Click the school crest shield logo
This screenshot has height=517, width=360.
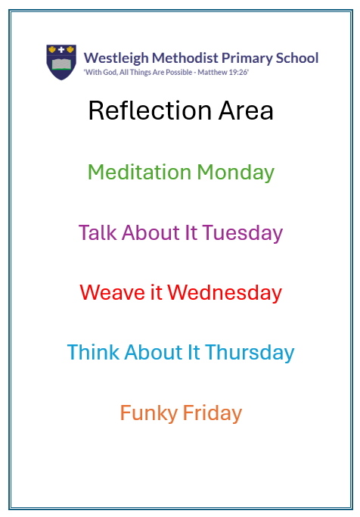tap(61, 62)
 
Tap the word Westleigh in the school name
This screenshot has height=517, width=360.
tap(116, 58)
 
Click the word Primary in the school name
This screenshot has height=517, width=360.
tap(247, 58)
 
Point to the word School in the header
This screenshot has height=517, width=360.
tap(297, 58)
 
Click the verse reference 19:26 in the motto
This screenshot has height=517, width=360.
tap(238, 72)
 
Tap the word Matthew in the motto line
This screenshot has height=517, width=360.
tap(213, 72)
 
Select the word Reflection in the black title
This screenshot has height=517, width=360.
tap(150, 111)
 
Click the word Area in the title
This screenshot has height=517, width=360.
tap(246, 111)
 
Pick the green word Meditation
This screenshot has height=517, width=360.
tap(139, 172)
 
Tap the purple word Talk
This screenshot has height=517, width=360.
tap(98, 232)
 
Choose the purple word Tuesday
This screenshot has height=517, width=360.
tap(243, 233)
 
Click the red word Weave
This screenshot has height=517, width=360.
tap(112, 292)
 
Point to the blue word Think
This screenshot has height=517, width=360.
tap(93, 352)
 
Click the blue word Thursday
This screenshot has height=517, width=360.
tap(250, 353)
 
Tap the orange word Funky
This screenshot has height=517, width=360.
tap(149, 413)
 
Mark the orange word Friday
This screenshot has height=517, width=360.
tap(213, 413)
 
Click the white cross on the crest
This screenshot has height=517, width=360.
tap(61, 50)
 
